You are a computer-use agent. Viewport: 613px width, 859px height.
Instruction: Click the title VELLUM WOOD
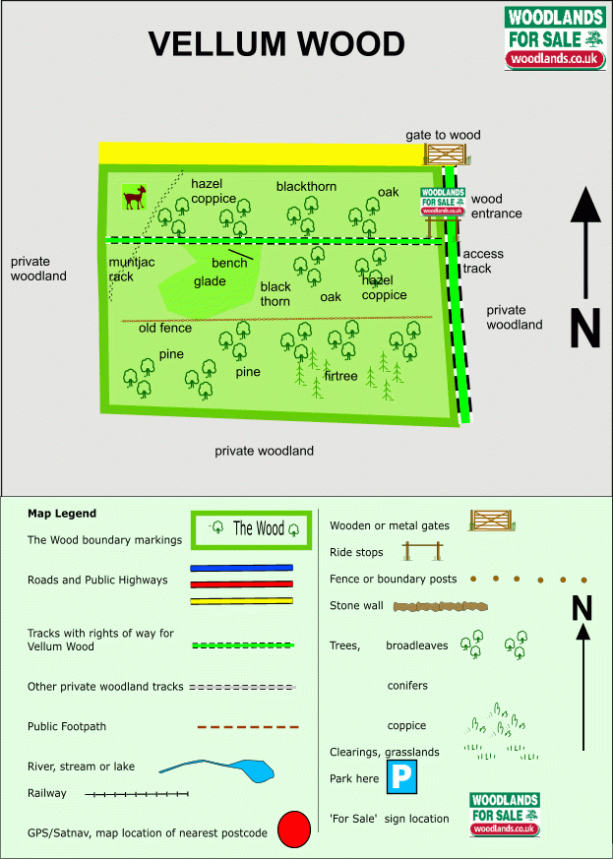pyautogui.click(x=276, y=44)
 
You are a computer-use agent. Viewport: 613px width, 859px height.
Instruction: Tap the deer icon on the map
pyautogui.click(x=135, y=197)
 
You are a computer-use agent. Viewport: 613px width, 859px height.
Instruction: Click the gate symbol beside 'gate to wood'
pyautogui.click(x=447, y=154)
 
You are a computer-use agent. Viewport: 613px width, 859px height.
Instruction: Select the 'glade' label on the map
pyautogui.click(x=210, y=281)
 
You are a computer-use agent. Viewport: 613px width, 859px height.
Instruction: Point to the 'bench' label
pyautogui.click(x=229, y=263)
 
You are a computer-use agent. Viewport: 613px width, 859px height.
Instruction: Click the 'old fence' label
pyautogui.click(x=165, y=328)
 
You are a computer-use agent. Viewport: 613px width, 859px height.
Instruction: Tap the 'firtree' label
pyautogui.click(x=340, y=376)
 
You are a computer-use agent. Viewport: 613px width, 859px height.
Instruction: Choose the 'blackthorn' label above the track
pyautogui.click(x=306, y=187)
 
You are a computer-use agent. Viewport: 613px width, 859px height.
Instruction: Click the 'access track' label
pyautogui.click(x=482, y=262)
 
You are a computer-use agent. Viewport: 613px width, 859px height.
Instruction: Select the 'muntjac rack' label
pyautogui.click(x=132, y=269)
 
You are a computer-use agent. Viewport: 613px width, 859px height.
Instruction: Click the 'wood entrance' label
pyautogui.click(x=496, y=206)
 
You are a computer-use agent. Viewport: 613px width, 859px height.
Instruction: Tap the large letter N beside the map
pyautogui.click(x=585, y=328)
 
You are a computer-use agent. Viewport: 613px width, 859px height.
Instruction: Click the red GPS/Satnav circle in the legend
pyautogui.click(x=294, y=829)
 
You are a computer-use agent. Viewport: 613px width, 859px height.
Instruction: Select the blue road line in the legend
pyautogui.click(x=242, y=568)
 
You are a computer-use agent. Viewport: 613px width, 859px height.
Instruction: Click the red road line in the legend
pyautogui.click(x=242, y=584)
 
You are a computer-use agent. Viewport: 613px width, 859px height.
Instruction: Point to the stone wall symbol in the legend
pyautogui.click(x=441, y=606)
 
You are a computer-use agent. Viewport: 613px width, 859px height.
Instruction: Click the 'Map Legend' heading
pyautogui.click(x=62, y=514)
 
